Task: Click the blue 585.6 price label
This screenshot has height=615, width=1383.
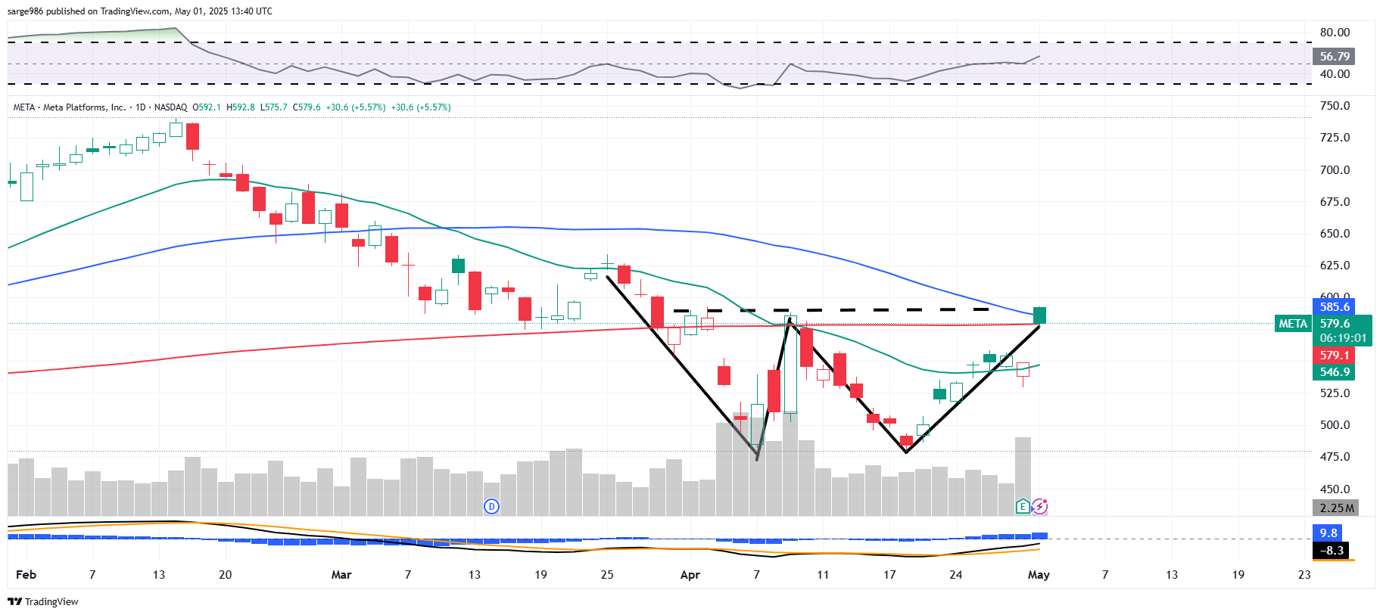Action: point(1335,307)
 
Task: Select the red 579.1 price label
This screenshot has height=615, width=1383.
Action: point(1335,356)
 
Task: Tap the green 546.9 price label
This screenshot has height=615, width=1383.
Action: point(1335,372)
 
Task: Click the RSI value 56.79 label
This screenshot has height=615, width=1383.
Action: point(1335,57)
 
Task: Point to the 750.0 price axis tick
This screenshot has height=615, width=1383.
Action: point(1335,106)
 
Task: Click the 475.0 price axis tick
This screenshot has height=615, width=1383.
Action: point(1335,457)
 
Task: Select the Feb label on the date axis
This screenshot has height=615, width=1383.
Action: point(26,575)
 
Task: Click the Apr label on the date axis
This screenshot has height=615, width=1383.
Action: point(690,575)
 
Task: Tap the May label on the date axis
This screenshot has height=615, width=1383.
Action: point(1039,575)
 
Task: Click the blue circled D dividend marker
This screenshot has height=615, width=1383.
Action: point(492,506)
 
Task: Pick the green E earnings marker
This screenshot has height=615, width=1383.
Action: point(1023,506)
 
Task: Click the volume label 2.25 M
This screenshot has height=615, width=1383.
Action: point(1336,508)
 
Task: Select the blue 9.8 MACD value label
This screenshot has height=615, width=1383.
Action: point(1328,533)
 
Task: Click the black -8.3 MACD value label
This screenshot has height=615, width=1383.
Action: point(1332,551)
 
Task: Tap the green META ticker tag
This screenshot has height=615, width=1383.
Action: point(1293,324)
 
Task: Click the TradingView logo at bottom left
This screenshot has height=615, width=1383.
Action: point(43,602)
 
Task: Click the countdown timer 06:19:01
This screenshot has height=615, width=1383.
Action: point(1343,338)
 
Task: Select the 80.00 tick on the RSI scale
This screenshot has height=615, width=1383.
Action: point(1335,33)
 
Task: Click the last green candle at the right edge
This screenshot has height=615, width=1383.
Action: point(1040,315)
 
